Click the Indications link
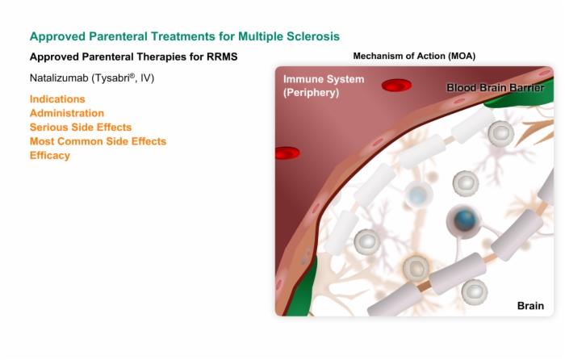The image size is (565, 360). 57,99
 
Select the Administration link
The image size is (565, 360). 67,113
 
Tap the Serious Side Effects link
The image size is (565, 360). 81,128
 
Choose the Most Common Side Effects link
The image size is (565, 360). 98,141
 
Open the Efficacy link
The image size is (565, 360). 50,155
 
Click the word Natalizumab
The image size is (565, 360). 59,77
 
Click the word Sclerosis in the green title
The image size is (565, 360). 313,36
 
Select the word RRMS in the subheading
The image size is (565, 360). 222,57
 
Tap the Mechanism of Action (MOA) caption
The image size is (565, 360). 414,57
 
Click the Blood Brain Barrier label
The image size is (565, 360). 495,87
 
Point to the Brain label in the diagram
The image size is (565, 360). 530,306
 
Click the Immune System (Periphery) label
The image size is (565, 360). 324,86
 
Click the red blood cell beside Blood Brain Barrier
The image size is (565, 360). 396,86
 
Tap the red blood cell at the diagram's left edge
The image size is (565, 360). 287,153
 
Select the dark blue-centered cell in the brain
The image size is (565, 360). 464,220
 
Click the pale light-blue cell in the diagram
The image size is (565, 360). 418,195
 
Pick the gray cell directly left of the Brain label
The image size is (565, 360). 475,292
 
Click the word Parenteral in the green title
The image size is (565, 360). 118,36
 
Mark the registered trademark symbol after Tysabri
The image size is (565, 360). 132,76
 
